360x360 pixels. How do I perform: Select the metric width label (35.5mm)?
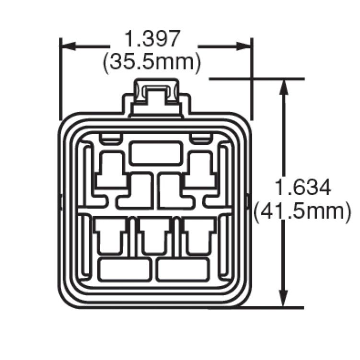coord(152,62)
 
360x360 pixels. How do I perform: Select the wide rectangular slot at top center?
coord(156,153)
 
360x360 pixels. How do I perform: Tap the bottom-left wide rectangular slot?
coord(124,269)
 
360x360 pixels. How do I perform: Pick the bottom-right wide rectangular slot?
coord(182,269)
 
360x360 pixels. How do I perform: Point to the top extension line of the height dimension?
coord(256,78)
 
